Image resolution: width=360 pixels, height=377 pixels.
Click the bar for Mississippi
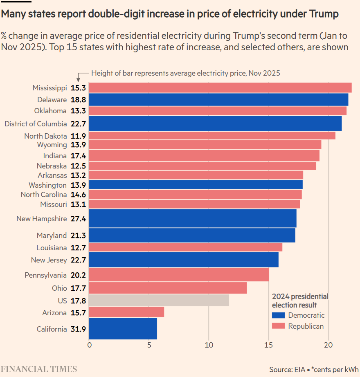pos(220,88)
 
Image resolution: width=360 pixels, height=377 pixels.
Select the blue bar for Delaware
pos(218,100)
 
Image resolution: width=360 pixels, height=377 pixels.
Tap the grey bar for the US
pos(159,301)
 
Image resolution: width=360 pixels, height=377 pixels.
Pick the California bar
pos(123,329)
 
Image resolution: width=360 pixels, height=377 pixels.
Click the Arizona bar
pos(126,312)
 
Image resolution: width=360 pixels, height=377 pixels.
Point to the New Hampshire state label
pos(41,219)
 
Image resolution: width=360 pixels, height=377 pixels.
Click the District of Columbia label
pos(35,123)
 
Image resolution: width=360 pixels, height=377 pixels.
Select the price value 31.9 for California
pos(79,329)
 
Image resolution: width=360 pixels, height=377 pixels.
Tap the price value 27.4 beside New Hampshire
pos(79,219)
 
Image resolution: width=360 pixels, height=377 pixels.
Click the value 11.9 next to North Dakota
pos(79,136)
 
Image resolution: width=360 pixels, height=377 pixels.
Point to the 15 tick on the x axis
pos(269,345)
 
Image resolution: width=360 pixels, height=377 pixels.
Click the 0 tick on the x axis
pos(90,345)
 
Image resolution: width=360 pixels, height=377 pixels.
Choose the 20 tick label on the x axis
pos(328,345)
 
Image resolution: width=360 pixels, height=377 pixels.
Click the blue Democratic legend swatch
pos(278,315)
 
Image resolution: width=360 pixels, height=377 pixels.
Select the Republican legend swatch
pos(278,326)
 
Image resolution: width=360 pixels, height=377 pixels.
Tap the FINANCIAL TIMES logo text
pos(38,369)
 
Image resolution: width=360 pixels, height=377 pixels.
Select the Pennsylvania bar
pos(179,275)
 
